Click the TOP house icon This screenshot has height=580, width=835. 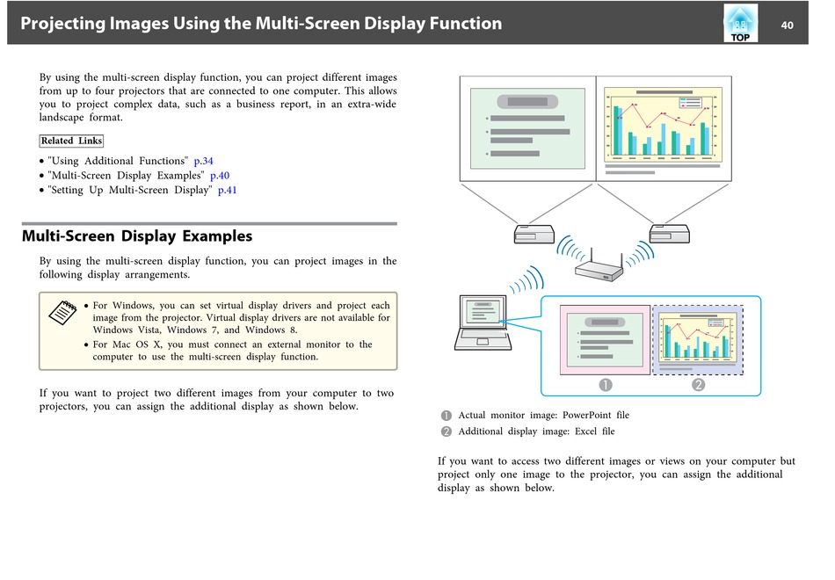[740, 24]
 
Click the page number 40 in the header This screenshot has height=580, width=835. [787, 25]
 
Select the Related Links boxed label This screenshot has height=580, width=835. [71, 141]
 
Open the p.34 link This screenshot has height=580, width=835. [203, 161]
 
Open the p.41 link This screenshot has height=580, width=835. [228, 190]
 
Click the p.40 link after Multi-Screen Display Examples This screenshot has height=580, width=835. [220, 176]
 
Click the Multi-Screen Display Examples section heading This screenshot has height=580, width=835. [137, 236]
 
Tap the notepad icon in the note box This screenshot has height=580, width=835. [62, 312]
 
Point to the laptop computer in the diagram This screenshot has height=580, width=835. [483, 323]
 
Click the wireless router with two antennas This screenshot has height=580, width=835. [599, 265]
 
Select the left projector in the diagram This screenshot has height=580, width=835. [534, 234]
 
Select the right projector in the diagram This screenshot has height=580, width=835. [670, 234]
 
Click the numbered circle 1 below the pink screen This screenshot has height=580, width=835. [606, 385]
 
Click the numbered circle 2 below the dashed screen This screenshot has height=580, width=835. [698, 385]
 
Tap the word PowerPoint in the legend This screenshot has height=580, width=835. [587, 416]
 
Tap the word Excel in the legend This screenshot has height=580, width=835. [585, 431]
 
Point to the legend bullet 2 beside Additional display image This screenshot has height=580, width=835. [447, 431]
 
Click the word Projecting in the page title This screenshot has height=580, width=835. [62, 24]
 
